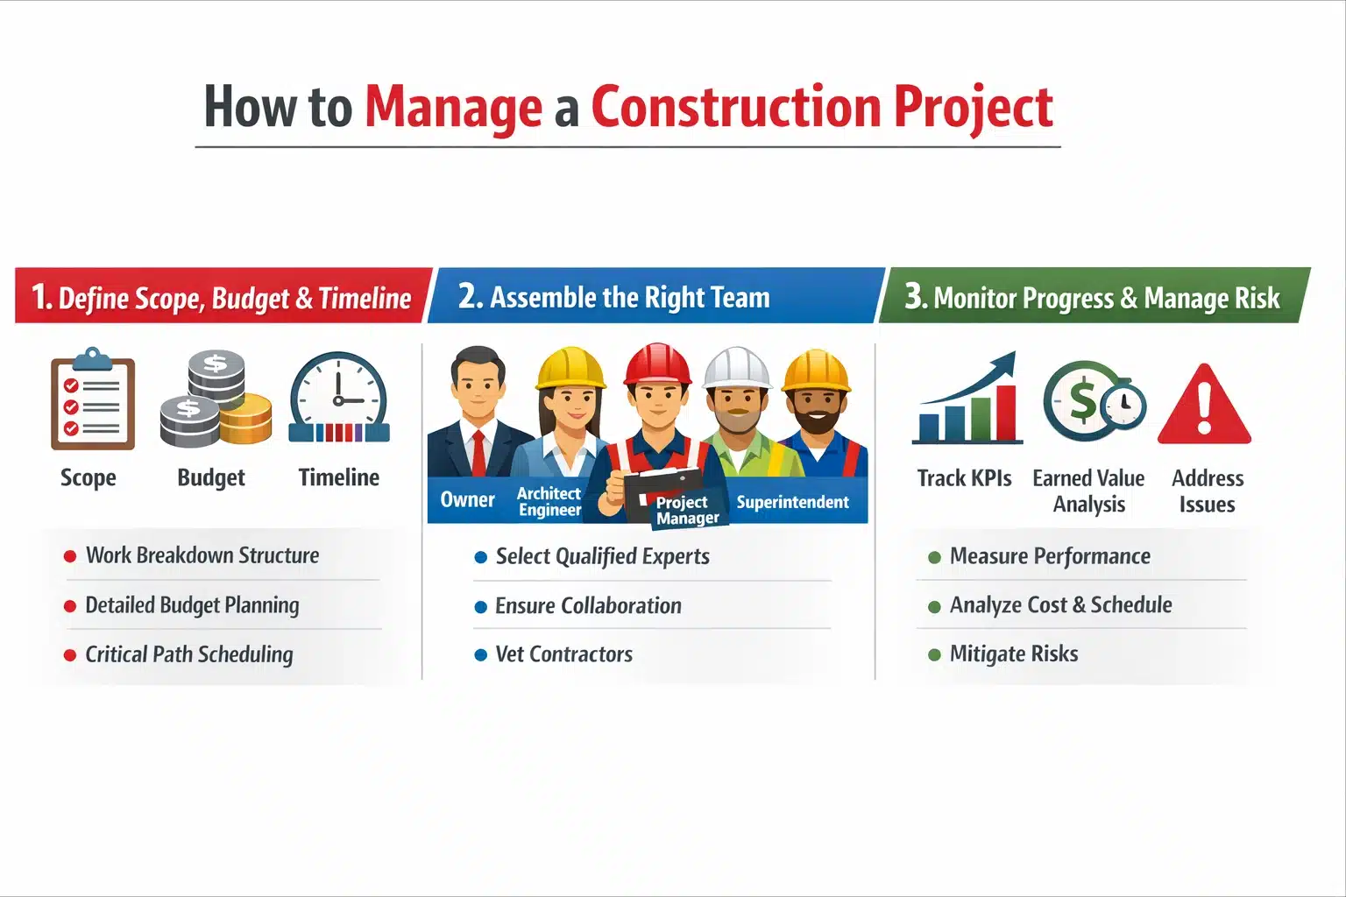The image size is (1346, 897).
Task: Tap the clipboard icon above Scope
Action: point(92,400)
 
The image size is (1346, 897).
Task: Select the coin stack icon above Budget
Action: point(216,399)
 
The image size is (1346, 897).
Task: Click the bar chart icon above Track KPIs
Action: point(967,400)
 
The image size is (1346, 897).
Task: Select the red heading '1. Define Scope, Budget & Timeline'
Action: point(222,297)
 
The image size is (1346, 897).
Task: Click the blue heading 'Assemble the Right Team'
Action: point(629,297)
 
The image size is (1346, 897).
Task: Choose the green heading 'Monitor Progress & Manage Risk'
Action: point(1106,298)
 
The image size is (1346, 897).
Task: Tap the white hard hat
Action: point(737,367)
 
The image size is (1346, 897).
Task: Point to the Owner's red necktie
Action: point(478,452)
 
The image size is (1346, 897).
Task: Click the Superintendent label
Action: point(792,502)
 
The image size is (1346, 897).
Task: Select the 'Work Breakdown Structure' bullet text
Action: point(202,555)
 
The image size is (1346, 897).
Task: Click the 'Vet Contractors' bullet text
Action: point(563,654)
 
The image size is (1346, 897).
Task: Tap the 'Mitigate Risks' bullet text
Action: point(1014,654)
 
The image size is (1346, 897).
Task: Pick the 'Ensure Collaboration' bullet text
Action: point(588,605)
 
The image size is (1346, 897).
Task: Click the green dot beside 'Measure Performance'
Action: point(934,557)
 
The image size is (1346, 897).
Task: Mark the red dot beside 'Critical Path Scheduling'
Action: point(70,655)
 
